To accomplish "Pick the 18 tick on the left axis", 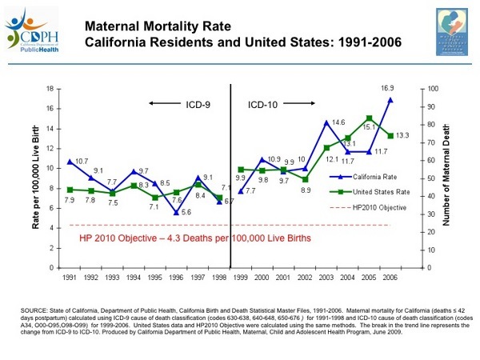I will [50, 88].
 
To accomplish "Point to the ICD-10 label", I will [262, 103].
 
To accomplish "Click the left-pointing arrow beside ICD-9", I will [163, 103].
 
